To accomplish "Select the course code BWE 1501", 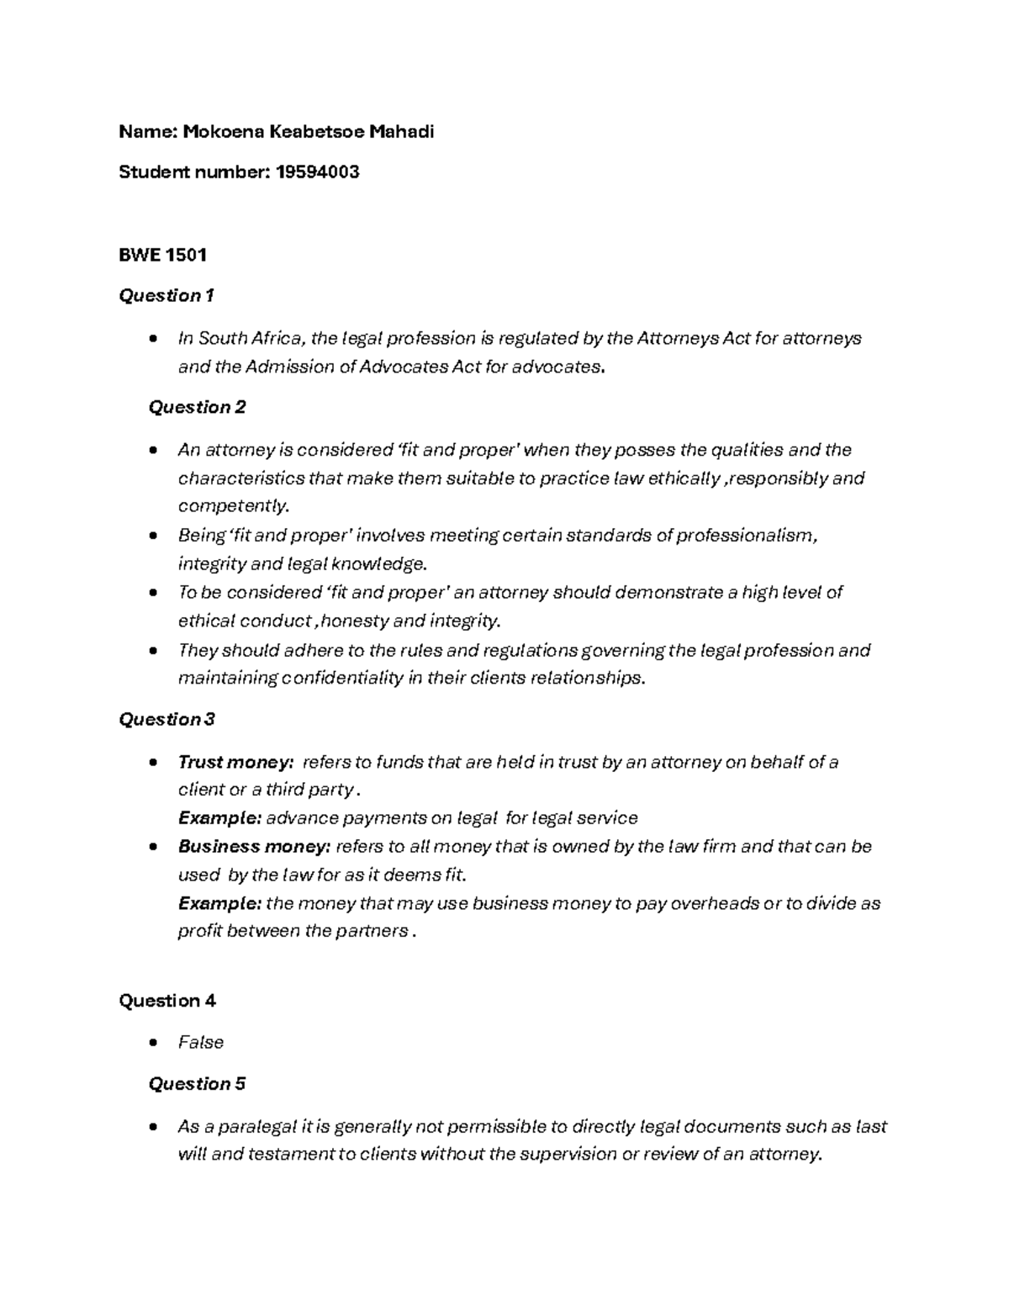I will point(162,255).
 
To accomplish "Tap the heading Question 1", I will point(166,296).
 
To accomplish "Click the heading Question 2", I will point(197,407).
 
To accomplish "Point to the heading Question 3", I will point(166,720).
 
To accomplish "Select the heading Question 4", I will point(166,1001).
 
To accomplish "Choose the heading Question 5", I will point(197,1084).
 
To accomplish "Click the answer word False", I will point(200,1043).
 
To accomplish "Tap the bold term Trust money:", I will point(235,763).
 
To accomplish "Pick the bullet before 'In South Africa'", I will point(151,339).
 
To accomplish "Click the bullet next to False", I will point(151,1043).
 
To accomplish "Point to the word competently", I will point(233,506).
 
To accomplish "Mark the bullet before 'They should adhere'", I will point(151,651).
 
